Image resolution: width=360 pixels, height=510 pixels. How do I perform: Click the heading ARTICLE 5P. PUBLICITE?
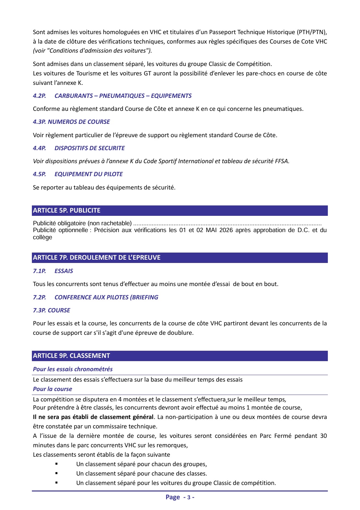coord(67,210)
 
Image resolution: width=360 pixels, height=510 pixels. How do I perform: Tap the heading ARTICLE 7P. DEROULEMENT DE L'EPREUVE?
coord(97,257)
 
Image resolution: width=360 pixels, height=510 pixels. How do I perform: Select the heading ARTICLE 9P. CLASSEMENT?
coord(71,356)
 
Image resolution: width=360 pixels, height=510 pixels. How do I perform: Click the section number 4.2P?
coord(39,96)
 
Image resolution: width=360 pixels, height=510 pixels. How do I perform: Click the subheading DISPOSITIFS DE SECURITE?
coord(89,148)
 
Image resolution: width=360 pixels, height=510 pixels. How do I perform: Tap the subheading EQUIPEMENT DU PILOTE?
coord(88,174)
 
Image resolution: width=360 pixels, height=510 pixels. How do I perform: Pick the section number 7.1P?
coord(39,271)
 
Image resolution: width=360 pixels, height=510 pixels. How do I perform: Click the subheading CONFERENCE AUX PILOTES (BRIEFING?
coord(106,297)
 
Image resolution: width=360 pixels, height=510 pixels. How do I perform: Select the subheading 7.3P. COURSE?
coord(51,310)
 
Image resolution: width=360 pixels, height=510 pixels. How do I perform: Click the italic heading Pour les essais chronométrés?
coord(73,369)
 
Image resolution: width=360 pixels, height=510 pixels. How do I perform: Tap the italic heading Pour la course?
coord(52,389)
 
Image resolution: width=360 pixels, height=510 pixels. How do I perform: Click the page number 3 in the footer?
coord(189,497)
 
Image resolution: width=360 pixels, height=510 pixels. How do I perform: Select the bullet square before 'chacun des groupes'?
coord(57,464)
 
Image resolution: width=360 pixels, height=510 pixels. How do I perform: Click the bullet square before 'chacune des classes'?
coord(57,473)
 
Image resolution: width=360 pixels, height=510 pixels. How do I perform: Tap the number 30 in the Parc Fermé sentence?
coord(323,436)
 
